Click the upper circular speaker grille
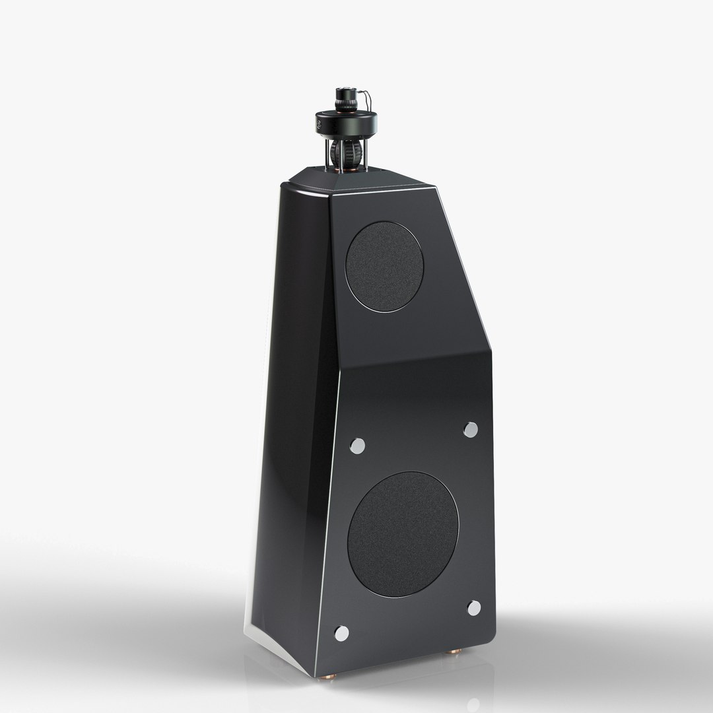point(384,266)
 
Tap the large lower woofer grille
point(403,534)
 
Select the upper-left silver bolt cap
point(357,446)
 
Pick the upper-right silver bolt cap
point(470,430)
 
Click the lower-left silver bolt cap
point(341,633)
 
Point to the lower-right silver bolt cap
point(474,608)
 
